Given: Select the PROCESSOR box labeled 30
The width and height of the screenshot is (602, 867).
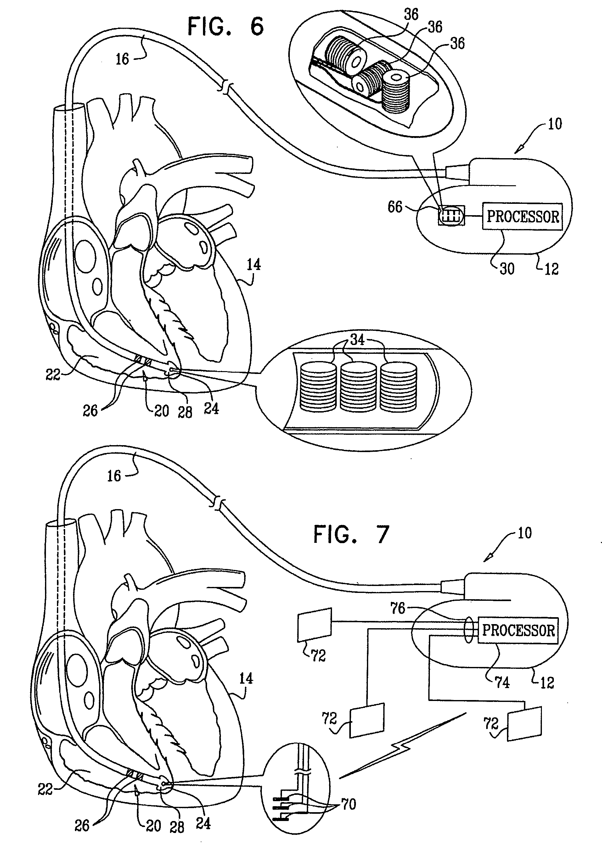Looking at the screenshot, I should (x=522, y=216).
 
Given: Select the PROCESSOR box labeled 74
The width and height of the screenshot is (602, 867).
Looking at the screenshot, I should (x=518, y=630).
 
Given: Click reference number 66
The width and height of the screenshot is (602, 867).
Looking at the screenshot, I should (x=395, y=207).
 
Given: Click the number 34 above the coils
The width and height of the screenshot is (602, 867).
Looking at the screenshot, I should (x=357, y=340).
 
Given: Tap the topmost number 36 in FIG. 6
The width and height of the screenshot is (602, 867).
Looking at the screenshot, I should (x=411, y=14).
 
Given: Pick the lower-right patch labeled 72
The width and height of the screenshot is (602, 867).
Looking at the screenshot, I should (x=524, y=724).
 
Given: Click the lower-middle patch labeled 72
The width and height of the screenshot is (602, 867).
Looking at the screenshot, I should (x=367, y=720).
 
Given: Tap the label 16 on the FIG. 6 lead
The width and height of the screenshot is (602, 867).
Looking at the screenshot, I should (x=122, y=59).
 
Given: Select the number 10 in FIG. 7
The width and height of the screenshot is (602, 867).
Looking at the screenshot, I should (x=525, y=533).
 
